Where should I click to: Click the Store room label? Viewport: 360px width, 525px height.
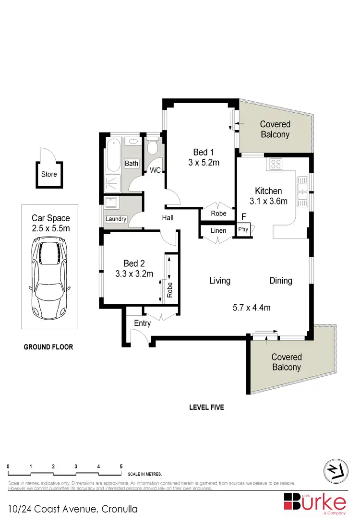pyautogui.click(x=48, y=174)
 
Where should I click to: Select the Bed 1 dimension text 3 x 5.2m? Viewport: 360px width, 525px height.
pyautogui.click(x=204, y=162)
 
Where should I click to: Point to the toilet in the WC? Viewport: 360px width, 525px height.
pyautogui.click(x=153, y=146)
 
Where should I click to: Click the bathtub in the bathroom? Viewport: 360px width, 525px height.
pyautogui.click(x=114, y=154)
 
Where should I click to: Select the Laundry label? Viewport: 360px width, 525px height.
pyautogui.click(x=116, y=219)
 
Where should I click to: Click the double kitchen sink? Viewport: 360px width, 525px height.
pyautogui.click(x=303, y=189)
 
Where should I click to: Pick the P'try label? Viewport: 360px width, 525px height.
pyautogui.click(x=243, y=230)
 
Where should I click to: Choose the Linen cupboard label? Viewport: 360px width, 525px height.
pyautogui.click(x=218, y=231)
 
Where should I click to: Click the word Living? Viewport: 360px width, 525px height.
pyautogui.click(x=219, y=280)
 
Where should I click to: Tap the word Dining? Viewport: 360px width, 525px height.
pyautogui.click(x=280, y=280)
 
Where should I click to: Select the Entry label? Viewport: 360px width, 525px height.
pyautogui.click(x=142, y=323)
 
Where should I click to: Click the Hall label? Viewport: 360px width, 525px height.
pyautogui.click(x=168, y=217)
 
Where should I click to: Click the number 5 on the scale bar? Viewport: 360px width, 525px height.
pyautogui.click(x=121, y=466)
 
